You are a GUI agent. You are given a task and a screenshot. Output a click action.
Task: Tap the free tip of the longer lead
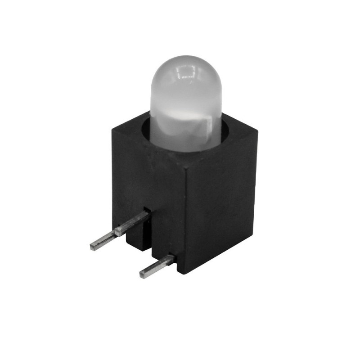point(93,246)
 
